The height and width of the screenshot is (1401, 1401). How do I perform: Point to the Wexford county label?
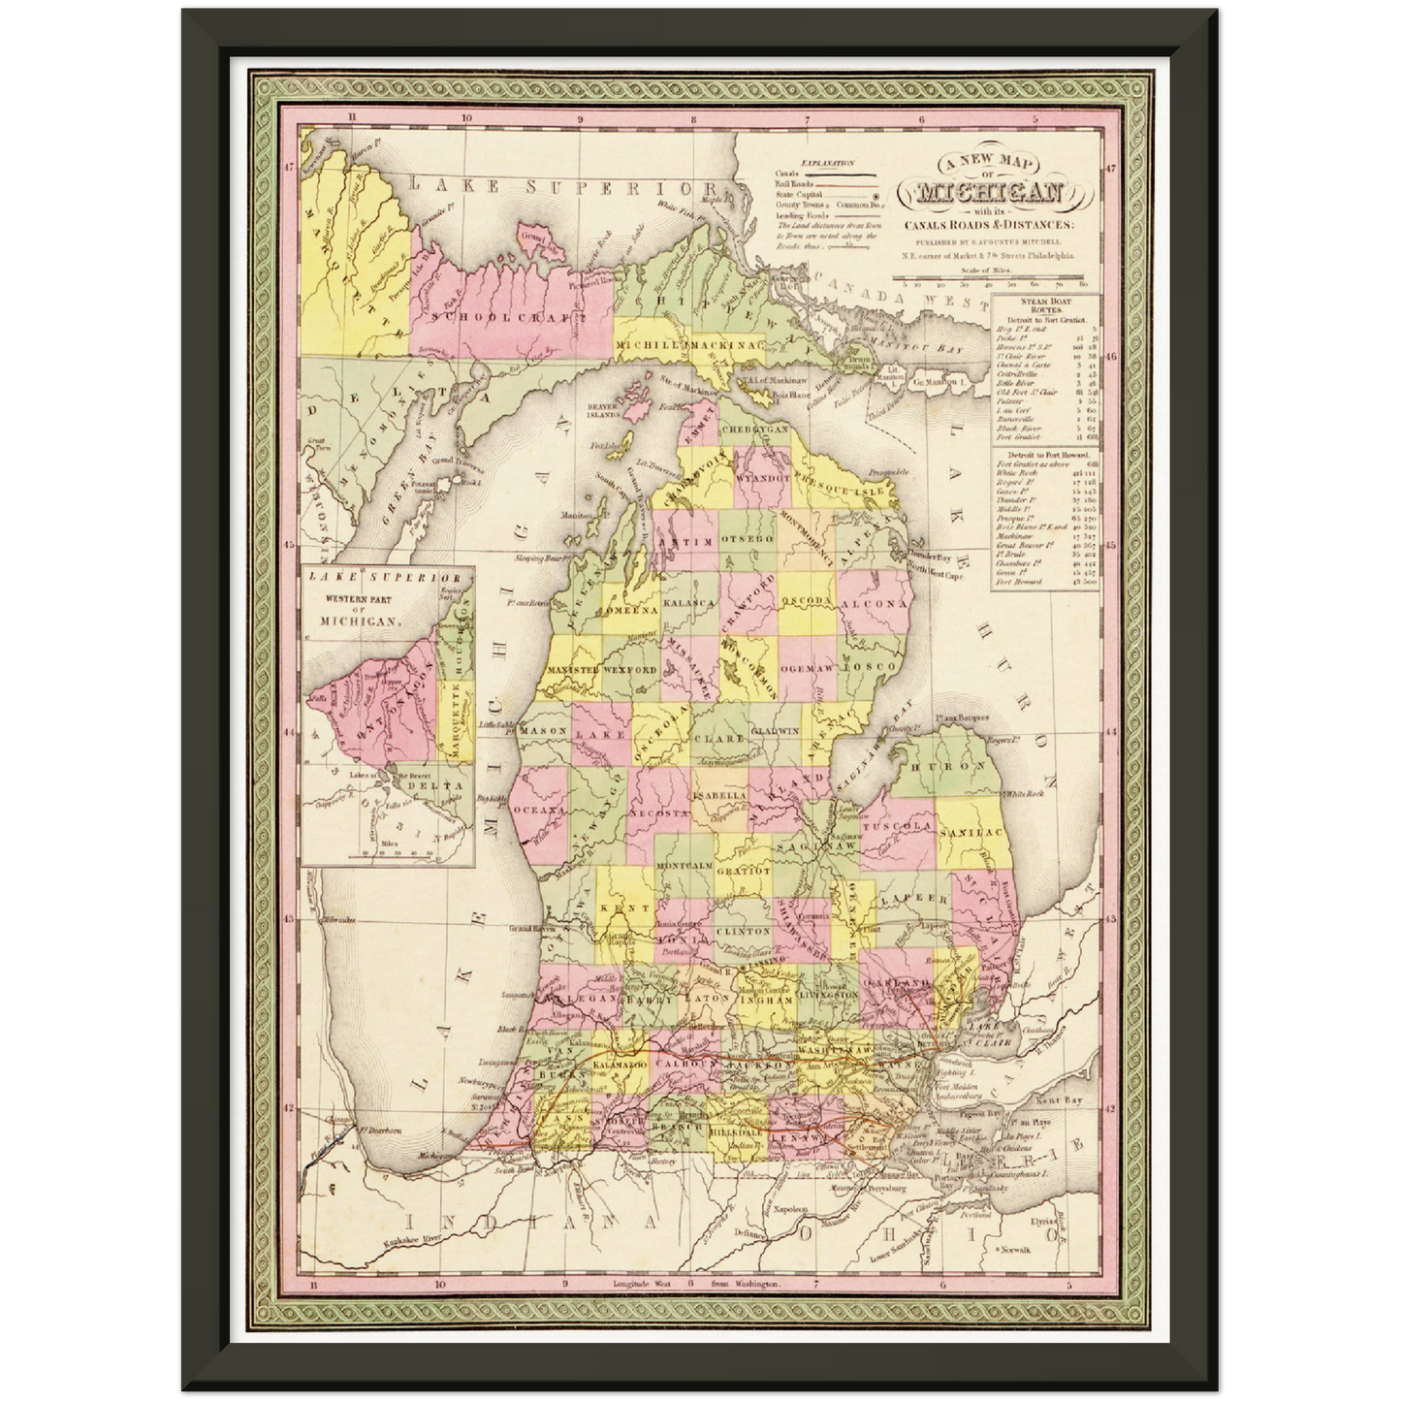click(633, 670)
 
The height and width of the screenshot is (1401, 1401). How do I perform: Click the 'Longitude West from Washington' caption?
click(695, 1286)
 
